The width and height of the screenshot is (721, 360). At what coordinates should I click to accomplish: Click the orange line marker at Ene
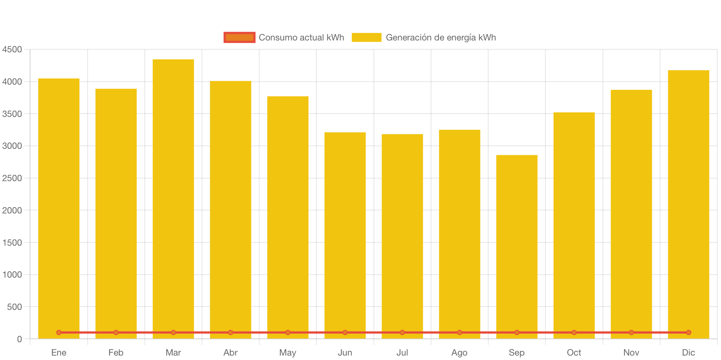(59, 333)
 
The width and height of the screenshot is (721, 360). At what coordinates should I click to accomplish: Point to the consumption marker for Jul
(402, 333)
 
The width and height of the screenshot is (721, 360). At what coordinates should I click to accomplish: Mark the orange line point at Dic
(688, 333)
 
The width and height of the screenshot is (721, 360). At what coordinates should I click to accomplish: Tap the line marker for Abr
(231, 333)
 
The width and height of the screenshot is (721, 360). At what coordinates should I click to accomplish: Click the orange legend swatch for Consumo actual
(239, 37)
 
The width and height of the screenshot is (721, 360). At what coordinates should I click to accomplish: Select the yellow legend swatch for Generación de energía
(366, 37)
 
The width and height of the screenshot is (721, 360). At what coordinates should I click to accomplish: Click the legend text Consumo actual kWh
(301, 37)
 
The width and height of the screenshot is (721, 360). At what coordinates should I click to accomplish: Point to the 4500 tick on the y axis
(12, 49)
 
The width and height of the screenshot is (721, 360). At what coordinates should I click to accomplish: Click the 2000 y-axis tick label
(12, 210)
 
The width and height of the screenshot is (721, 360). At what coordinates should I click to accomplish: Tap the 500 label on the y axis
(14, 307)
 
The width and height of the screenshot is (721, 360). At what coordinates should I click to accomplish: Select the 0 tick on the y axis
(19, 339)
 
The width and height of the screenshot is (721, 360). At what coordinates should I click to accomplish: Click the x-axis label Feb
(116, 353)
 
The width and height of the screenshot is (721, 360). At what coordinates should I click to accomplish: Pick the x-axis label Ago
(459, 353)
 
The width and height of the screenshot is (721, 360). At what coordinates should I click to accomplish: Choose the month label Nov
(631, 353)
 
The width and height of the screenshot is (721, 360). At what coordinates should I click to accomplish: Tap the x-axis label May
(288, 353)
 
